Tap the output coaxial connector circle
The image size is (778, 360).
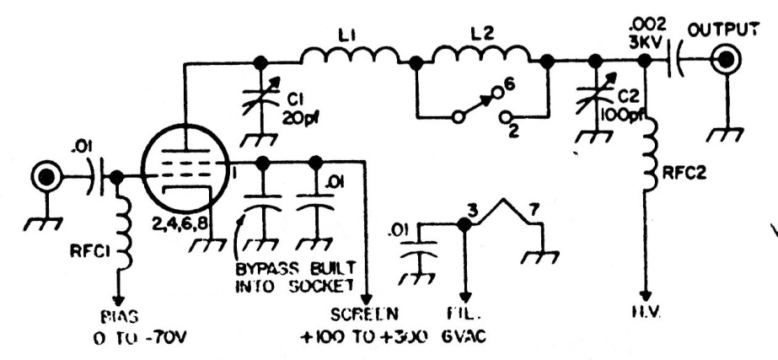tap(724, 60)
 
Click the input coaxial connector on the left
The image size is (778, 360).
tap(44, 176)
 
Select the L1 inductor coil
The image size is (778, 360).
tap(349, 56)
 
